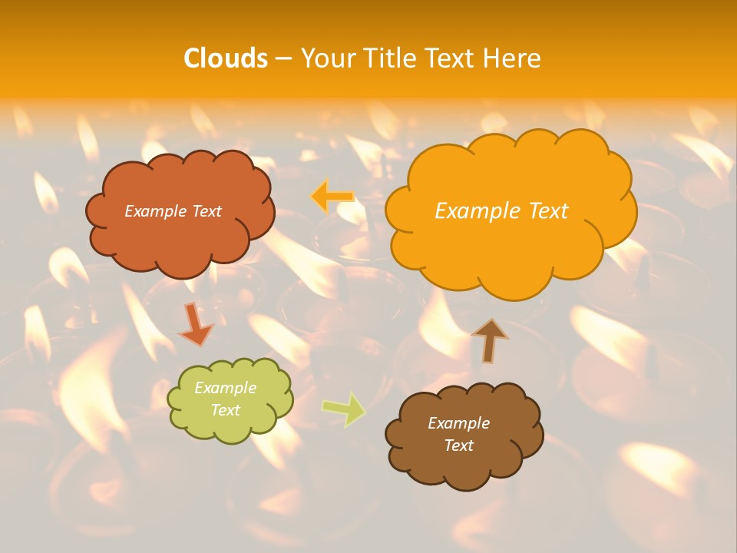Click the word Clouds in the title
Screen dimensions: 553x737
point(226,58)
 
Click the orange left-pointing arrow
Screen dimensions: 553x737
point(332,197)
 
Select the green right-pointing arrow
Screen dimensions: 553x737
point(343,409)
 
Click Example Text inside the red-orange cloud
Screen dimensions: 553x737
point(173,210)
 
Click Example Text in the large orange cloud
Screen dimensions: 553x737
point(501,210)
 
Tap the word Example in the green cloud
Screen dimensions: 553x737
point(225,388)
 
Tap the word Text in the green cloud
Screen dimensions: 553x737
point(225,410)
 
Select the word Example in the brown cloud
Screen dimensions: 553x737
point(458,423)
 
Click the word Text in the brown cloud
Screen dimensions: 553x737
point(458,445)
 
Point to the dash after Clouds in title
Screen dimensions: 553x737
point(283,58)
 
